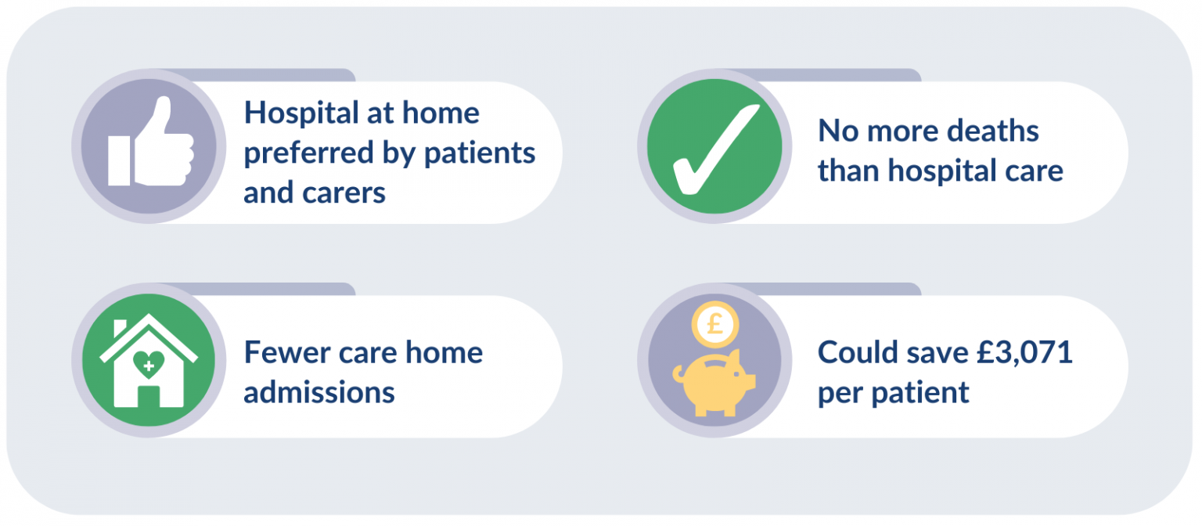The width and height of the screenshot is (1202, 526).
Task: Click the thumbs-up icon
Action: coord(151,142)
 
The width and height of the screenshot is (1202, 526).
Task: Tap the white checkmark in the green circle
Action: coord(716,150)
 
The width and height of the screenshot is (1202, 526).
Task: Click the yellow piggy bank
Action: coord(714,382)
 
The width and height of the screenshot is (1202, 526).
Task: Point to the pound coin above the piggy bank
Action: coord(715,324)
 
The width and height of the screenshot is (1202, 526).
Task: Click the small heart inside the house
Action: coord(149,365)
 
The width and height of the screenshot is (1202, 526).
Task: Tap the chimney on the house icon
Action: coord(121,329)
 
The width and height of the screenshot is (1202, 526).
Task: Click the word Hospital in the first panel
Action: coord(301,114)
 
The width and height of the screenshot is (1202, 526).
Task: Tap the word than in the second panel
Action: coord(849,171)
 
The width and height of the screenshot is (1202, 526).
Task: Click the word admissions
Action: coord(319,392)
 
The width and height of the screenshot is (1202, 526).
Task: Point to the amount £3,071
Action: coord(1024,353)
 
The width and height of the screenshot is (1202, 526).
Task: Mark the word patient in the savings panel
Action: coord(920,394)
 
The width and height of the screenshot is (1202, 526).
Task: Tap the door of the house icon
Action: coord(149,396)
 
